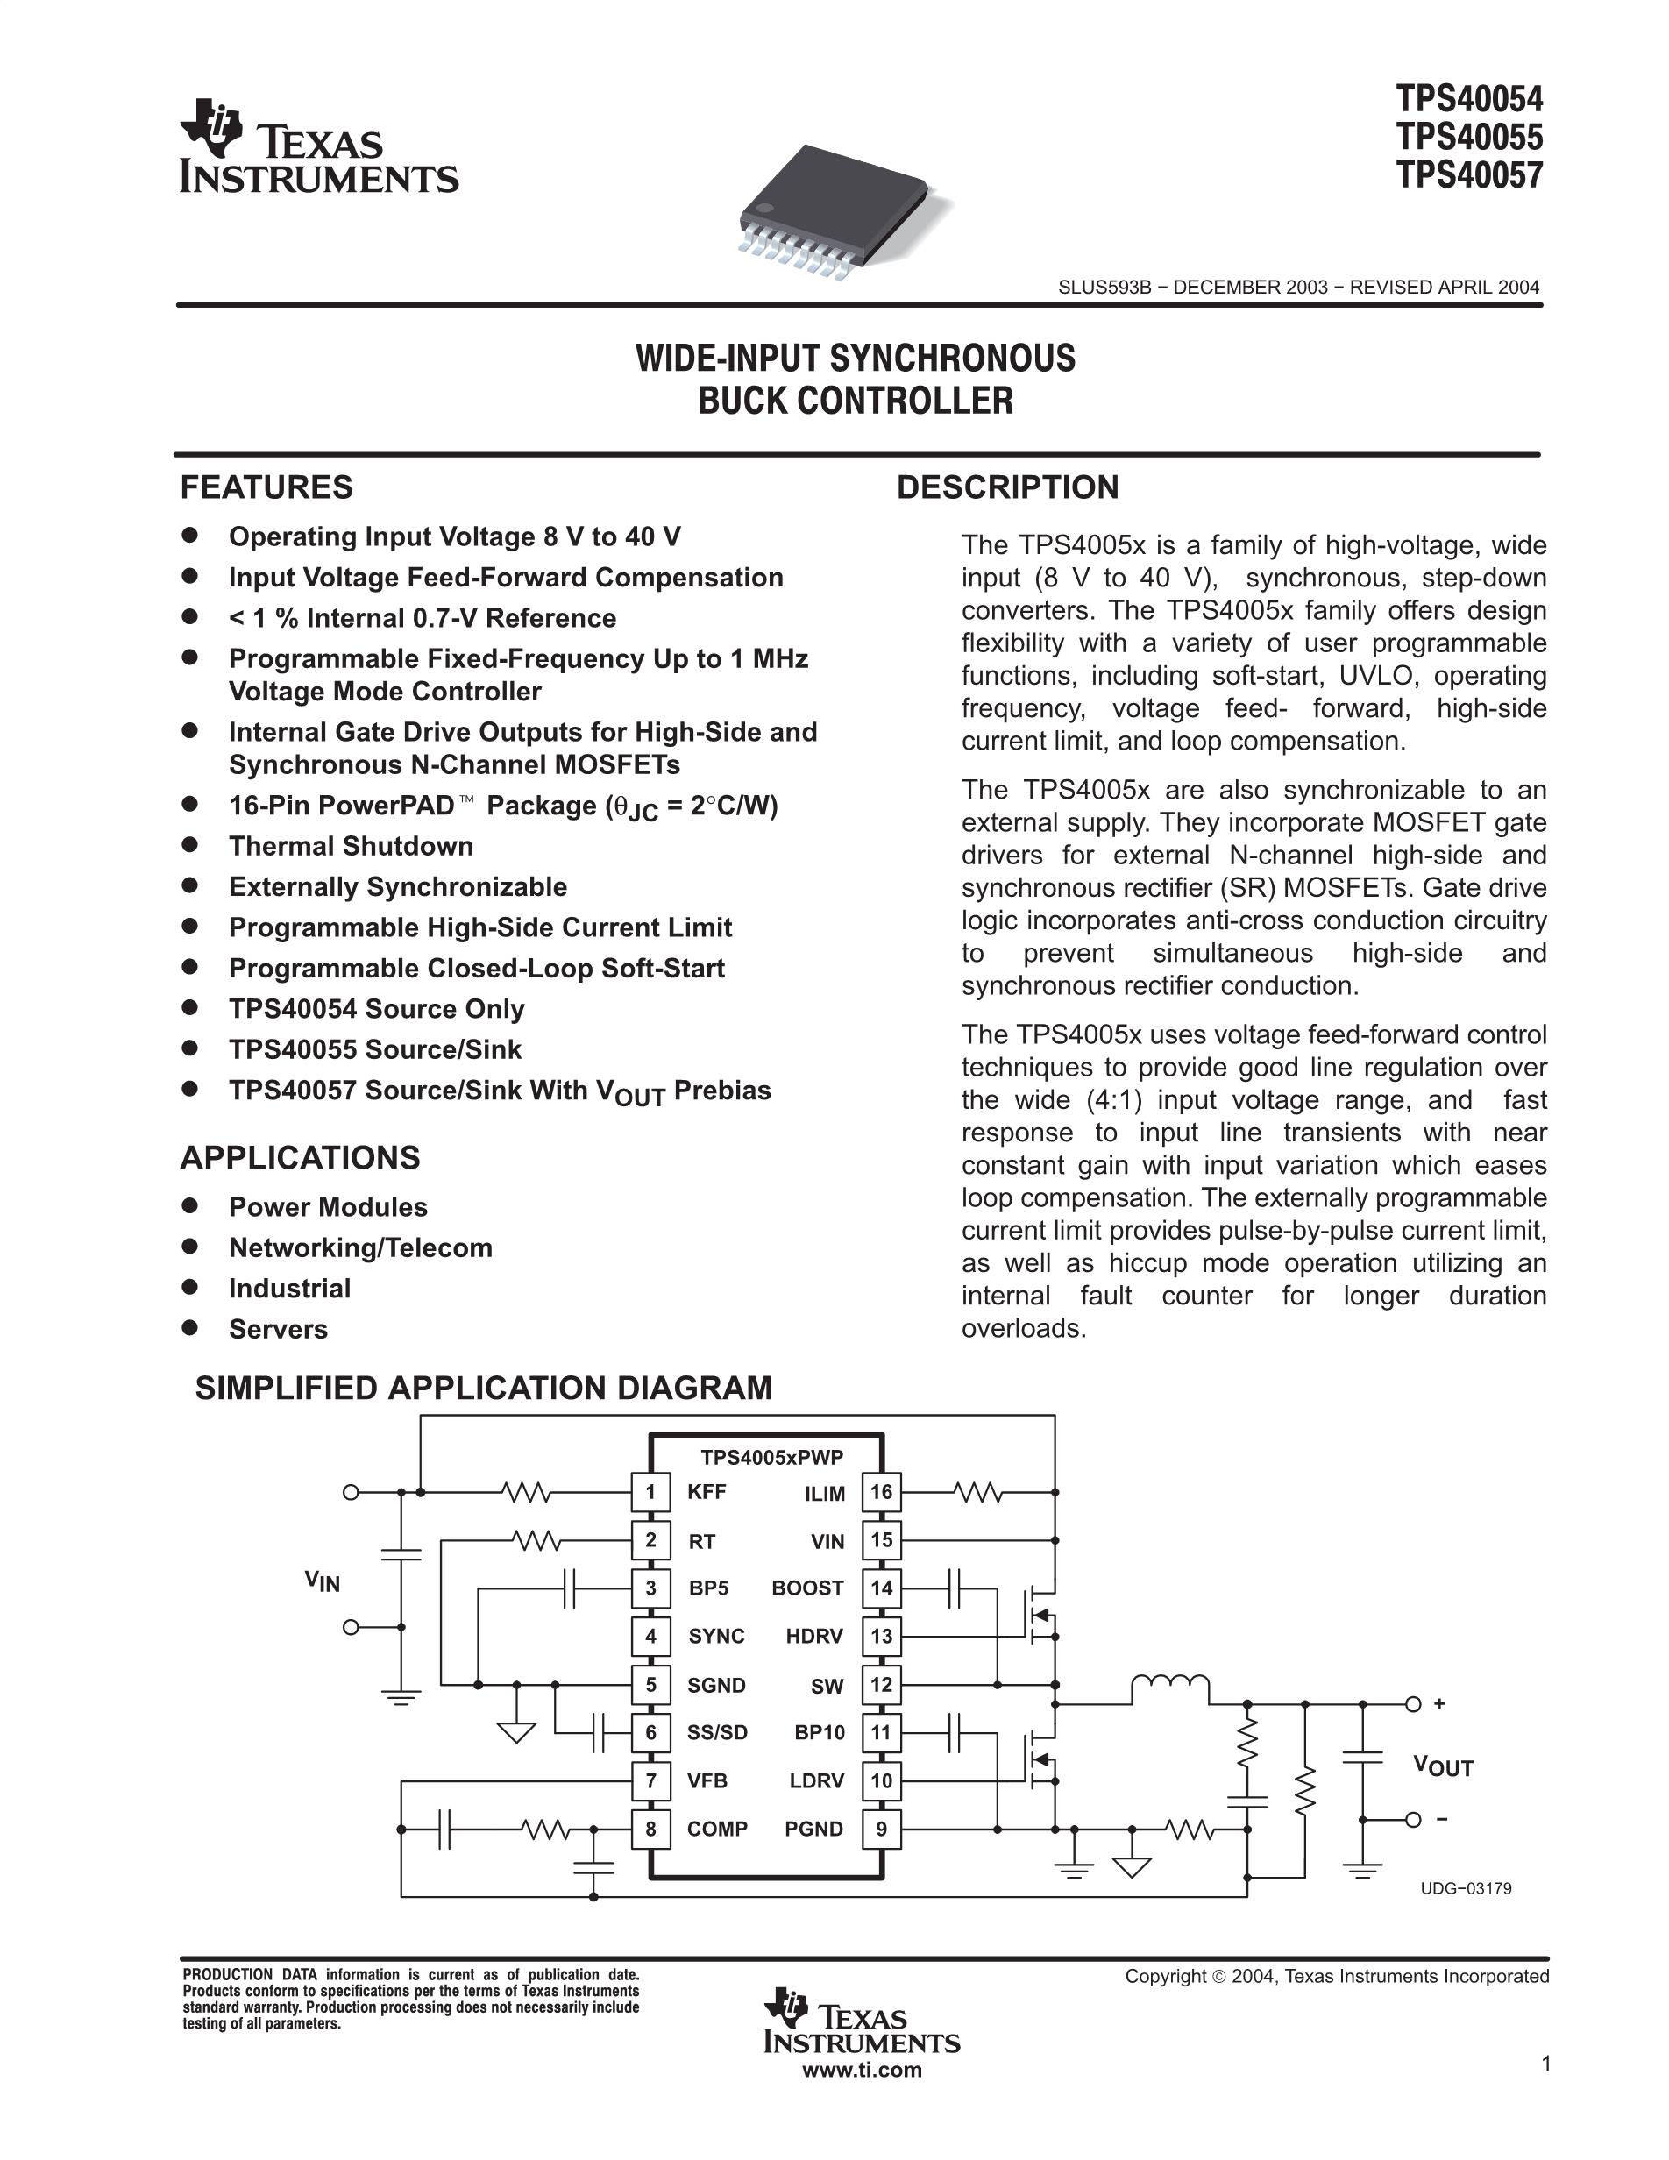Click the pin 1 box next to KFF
click(x=650, y=1492)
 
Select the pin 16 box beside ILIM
click(x=881, y=1492)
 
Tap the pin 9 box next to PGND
click(x=881, y=1830)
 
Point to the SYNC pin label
click(x=716, y=1637)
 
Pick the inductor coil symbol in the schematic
click(x=1169, y=1685)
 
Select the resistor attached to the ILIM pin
click(x=979, y=1492)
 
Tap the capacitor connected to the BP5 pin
click(x=569, y=1588)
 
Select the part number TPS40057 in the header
click(x=1468, y=176)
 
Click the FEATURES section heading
click(x=266, y=487)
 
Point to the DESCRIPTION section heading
click(x=1006, y=487)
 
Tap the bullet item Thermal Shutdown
click(x=351, y=847)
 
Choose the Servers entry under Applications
click(x=278, y=1329)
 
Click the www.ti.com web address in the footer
click(x=861, y=2070)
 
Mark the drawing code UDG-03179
click(x=1466, y=1889)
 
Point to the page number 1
click(x=1545, y=2063)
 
